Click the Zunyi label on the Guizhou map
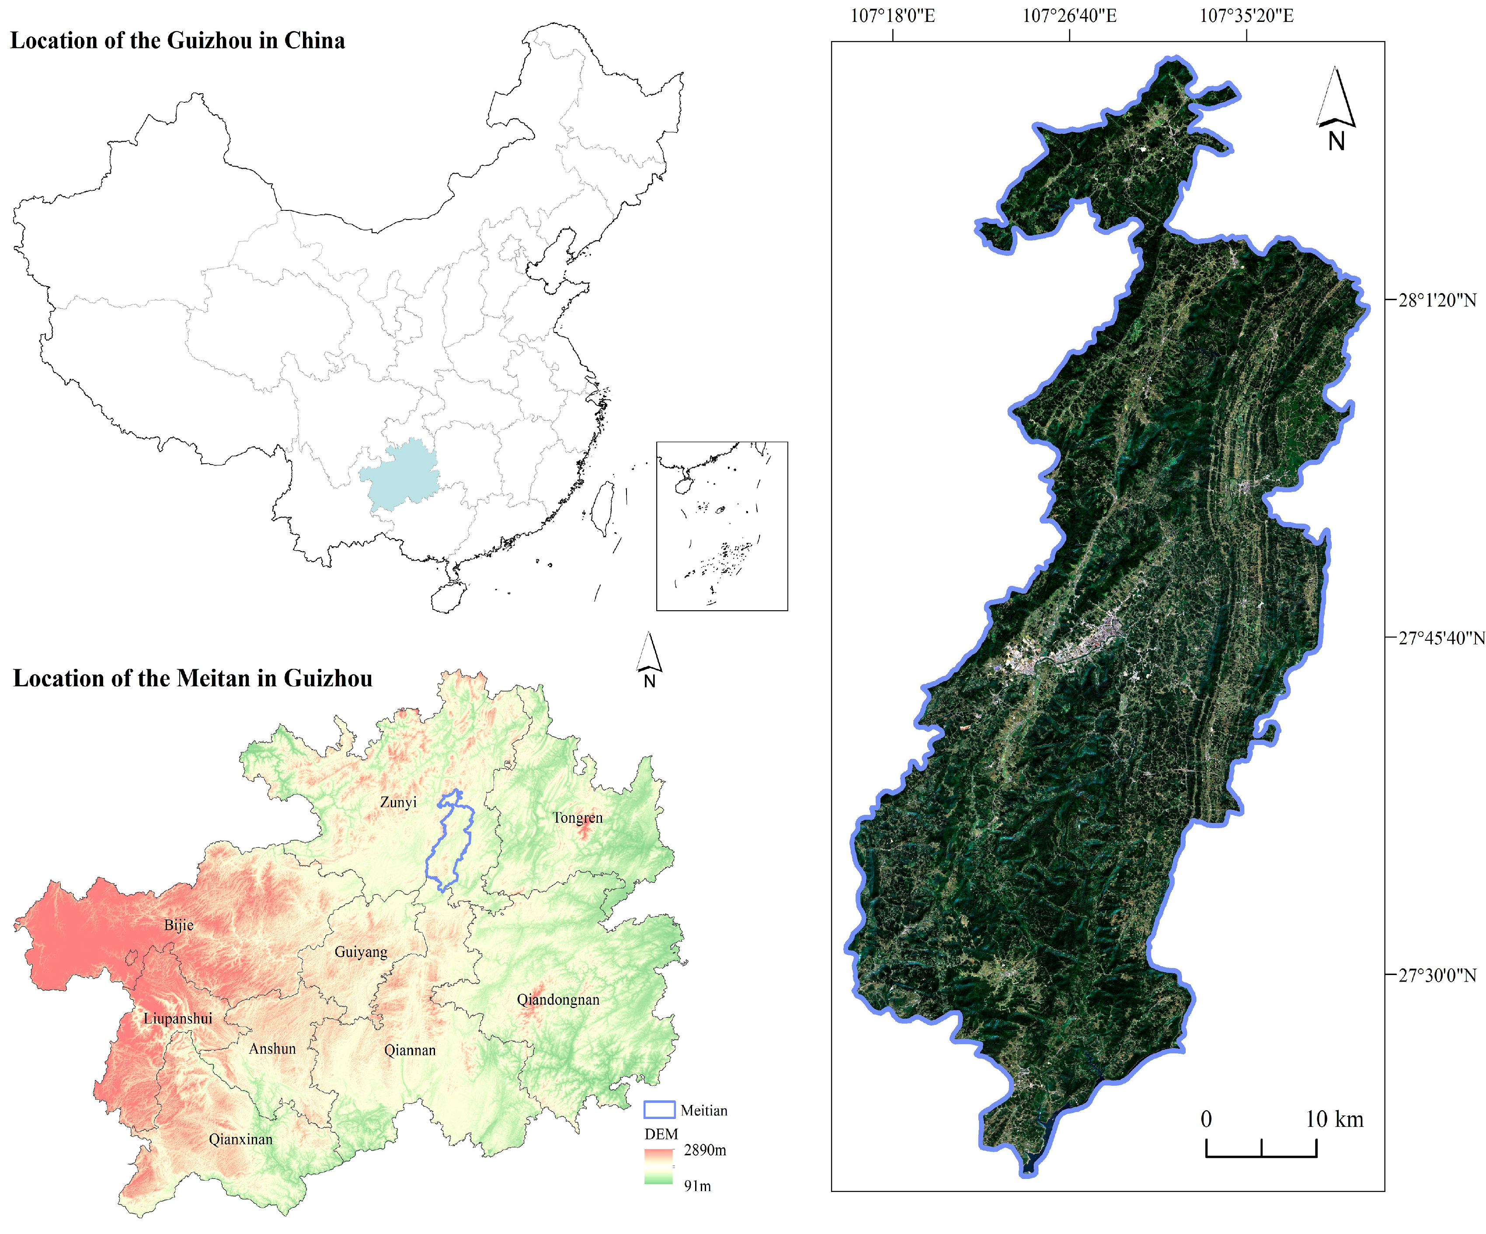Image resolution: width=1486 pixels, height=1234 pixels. pos(398,802)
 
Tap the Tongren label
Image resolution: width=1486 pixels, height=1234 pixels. pos(578,818)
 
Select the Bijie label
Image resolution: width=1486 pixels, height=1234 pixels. pos(178,925)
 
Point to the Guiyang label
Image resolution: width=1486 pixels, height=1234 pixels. pos(361,952)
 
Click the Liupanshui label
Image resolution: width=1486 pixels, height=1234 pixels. pos(177,1019)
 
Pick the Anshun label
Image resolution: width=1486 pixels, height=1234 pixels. pos(272,1049)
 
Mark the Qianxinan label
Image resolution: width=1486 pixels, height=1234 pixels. pos(240,1140)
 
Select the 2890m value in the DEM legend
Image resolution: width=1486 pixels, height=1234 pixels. pos(705,1150)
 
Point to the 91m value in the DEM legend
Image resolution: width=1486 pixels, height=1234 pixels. pos(697,1186)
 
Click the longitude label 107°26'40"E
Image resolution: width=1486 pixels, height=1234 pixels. pos(1069,16)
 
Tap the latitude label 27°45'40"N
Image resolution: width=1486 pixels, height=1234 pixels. pos(1441,639)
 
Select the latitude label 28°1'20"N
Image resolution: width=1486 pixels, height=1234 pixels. pos(1437,300)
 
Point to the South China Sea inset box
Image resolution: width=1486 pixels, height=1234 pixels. pos(722,526)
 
